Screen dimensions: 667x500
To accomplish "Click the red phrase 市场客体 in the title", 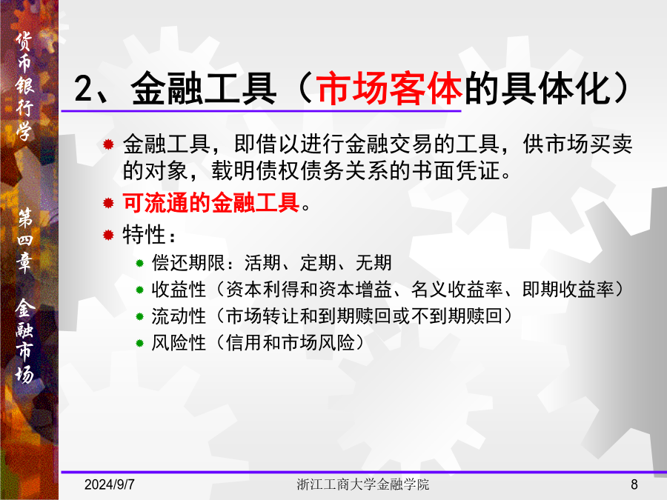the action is coord(389,88).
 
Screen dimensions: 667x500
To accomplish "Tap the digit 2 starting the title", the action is coord(83,88).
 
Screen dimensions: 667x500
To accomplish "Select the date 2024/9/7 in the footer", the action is coord(110,484).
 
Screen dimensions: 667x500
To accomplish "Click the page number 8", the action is coord(634,484).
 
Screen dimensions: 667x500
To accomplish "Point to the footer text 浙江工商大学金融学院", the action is coord(363,484).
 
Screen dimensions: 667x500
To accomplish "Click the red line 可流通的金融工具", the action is coord(211,202).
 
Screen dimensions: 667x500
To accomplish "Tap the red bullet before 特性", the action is coord(108,235).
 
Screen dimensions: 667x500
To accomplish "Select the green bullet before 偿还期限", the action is coord(139,264).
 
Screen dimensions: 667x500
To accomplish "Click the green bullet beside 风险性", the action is coord(139,343).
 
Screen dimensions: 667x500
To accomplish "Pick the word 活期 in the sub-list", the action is coord(262,263).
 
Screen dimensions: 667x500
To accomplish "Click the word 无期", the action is coord(374,263).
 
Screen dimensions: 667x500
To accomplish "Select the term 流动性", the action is coord(179,316).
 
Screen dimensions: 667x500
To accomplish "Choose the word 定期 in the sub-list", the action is coord(318,263).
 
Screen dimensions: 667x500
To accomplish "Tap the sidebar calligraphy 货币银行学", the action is coord(24,87).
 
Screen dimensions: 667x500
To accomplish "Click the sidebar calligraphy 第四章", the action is coord(25,240).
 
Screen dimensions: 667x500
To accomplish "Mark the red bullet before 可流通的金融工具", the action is coord(108,203).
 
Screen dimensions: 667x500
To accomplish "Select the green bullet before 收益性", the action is coord(139,290).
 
